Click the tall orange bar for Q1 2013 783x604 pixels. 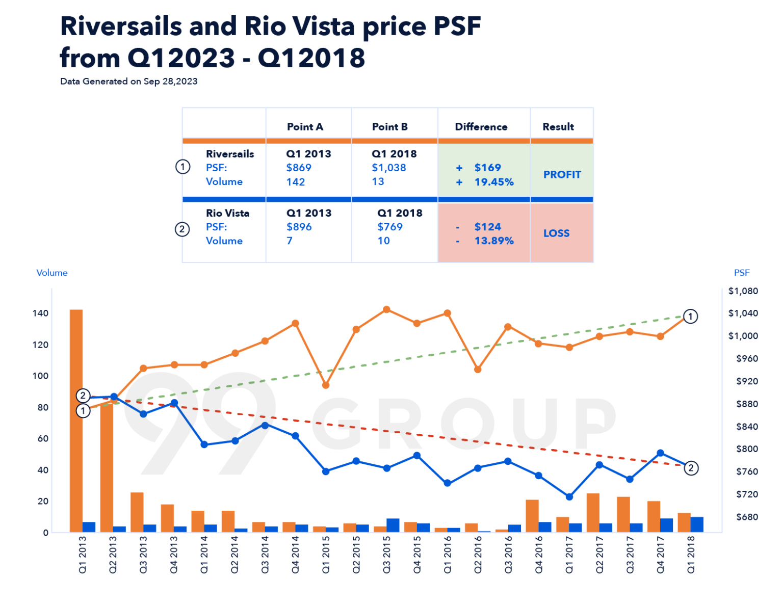tap(76, 421)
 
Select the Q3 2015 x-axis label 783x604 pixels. tap(386, 555)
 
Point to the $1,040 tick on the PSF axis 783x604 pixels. tap(743, 313)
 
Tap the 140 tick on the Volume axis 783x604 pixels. tap(41, 313)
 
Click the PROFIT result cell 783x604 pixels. tap(562, 175)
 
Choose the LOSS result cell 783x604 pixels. tap(556, 233)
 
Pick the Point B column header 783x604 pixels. tap(390, 127)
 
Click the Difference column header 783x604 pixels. tap(481, 127)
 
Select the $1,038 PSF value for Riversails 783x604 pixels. tap(389, 168)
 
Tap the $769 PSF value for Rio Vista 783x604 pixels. tap(390, 227)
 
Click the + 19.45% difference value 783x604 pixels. tap(493, 182)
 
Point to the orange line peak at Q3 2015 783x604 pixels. tap(386, 309)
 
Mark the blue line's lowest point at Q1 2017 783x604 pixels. tap(569, 496)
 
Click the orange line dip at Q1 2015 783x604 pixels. tap(326, 385)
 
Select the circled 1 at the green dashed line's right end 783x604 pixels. tap(690, 317)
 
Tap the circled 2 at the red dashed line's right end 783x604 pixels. tap(691, 468)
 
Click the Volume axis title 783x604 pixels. tap(52, 273)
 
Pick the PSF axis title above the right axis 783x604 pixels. tap(742, 273)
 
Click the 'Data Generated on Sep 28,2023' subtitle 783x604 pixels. tap(129, 82)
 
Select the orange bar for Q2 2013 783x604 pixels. tap(107, 466)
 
